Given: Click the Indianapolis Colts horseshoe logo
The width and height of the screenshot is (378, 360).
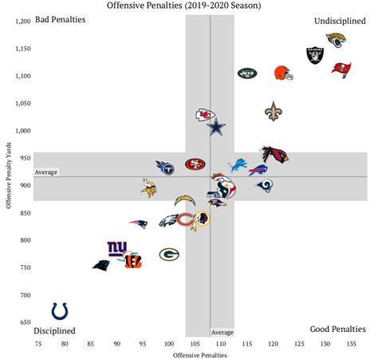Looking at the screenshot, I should click(60, 311).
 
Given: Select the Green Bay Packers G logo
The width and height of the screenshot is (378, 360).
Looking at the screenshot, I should click(168, 255).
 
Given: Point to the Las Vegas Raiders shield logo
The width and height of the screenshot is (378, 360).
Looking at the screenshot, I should click(315, 55).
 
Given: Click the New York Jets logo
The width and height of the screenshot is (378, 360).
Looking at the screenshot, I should click(249, 73).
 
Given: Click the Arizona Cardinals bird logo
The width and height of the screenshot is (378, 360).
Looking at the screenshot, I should click(275, 154).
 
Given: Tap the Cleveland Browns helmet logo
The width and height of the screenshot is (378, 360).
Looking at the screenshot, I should click(283, 73).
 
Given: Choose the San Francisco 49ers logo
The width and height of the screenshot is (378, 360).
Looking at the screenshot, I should click(194, 164).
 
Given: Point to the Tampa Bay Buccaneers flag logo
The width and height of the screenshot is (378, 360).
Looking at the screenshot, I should click(341, 68).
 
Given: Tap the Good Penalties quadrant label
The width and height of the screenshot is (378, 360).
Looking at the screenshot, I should click(337, 329).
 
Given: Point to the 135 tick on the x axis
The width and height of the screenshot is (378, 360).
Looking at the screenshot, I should click(351, 344).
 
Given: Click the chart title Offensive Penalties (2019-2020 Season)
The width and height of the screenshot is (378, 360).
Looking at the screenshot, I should click(189, 6).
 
